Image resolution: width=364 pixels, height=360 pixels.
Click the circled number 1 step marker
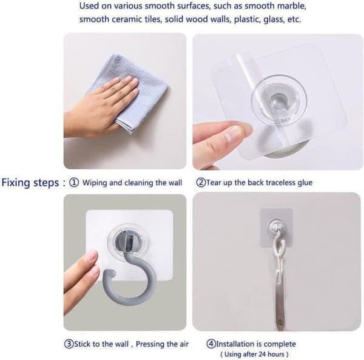[74, 183]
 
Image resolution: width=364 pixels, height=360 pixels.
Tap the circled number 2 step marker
[201, 182]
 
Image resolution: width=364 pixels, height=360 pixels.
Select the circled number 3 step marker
[69, 344]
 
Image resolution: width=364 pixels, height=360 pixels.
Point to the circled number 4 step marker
[211, 344]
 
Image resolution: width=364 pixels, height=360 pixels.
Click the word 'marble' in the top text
[292, 6]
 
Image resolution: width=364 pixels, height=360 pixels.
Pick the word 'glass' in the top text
[273, 19]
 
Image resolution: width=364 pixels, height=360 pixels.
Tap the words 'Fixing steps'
[30, 183]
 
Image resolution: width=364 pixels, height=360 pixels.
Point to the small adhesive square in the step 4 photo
[276, 228]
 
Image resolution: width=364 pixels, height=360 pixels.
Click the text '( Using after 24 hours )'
[254, 355]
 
